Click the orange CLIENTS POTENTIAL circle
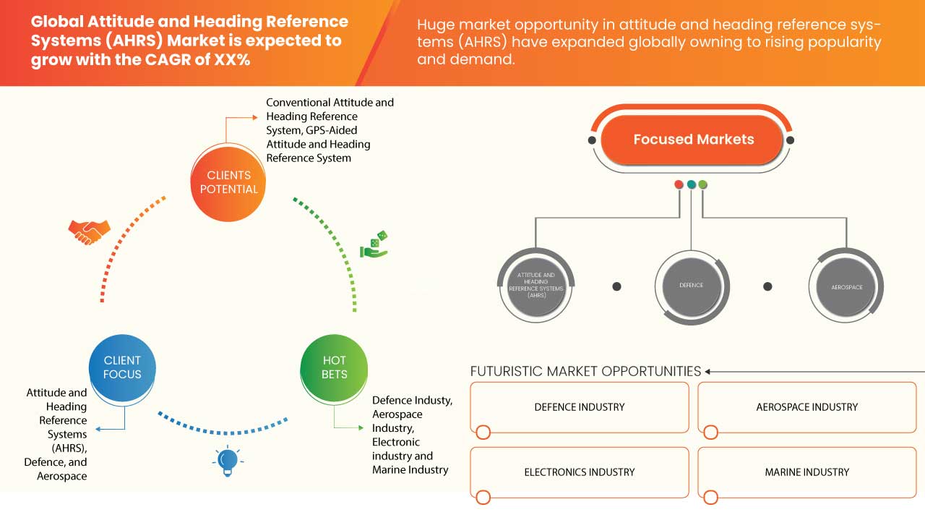[228, 182]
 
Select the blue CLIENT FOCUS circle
[122, 367]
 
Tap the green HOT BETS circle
[334, 367]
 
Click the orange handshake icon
[89, 231]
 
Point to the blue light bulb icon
[227, 461]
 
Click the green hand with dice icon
[374, 244]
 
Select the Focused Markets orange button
[693, 140]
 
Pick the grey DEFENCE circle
[691, 286]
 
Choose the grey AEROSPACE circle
[846, 287]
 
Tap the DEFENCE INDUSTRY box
[580, 407]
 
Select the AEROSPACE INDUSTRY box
[806, 407]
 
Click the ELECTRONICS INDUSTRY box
[580, 472]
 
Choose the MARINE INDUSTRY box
[806, 472]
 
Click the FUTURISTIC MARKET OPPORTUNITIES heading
[585, 371]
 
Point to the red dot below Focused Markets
[679, 185]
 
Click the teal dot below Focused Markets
[691, 185]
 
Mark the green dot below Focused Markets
[703, 185]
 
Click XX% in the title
[232, 60]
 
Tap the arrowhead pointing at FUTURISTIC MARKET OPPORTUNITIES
[708, 372]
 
